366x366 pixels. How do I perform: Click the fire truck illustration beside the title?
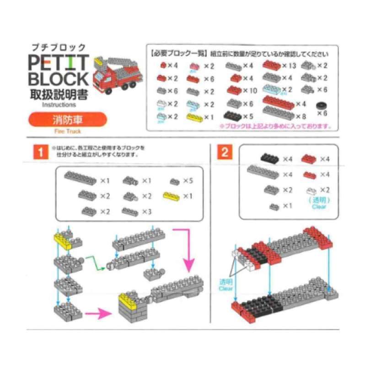[116, 75]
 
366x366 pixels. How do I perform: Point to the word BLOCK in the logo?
[58, 79]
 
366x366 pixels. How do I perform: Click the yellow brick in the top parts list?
[194, 117]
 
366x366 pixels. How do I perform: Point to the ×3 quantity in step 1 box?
[146, 211]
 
